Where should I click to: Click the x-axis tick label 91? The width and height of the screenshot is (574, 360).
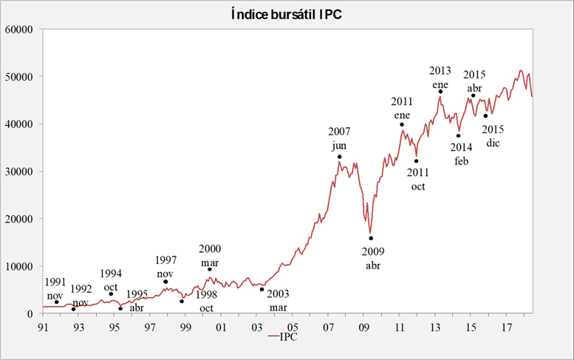[x=44, y=326]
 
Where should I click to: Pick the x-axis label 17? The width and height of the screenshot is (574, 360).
[x=507, y=326]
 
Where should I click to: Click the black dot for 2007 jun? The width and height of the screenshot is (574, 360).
[x=339, y=157]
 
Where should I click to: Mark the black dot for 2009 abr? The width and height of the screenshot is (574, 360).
[x=371, y=238]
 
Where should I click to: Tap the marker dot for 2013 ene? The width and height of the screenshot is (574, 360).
[x=440, y=92]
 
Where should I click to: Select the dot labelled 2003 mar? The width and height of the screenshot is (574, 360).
[x=262, y=289]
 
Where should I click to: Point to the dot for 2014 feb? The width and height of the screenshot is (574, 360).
[x=458, y=135]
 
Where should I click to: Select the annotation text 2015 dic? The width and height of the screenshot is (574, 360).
[x=493, y=135]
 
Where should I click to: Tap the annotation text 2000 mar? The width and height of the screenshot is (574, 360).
[x=210, y=255]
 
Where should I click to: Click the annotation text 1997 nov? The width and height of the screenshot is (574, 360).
[x=165, y=266]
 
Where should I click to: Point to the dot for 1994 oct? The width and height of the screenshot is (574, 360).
[x=111, y=294]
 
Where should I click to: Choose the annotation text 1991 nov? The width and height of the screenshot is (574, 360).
[x=56, y=288]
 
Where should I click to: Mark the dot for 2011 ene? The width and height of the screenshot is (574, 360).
[x=402, y=124]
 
